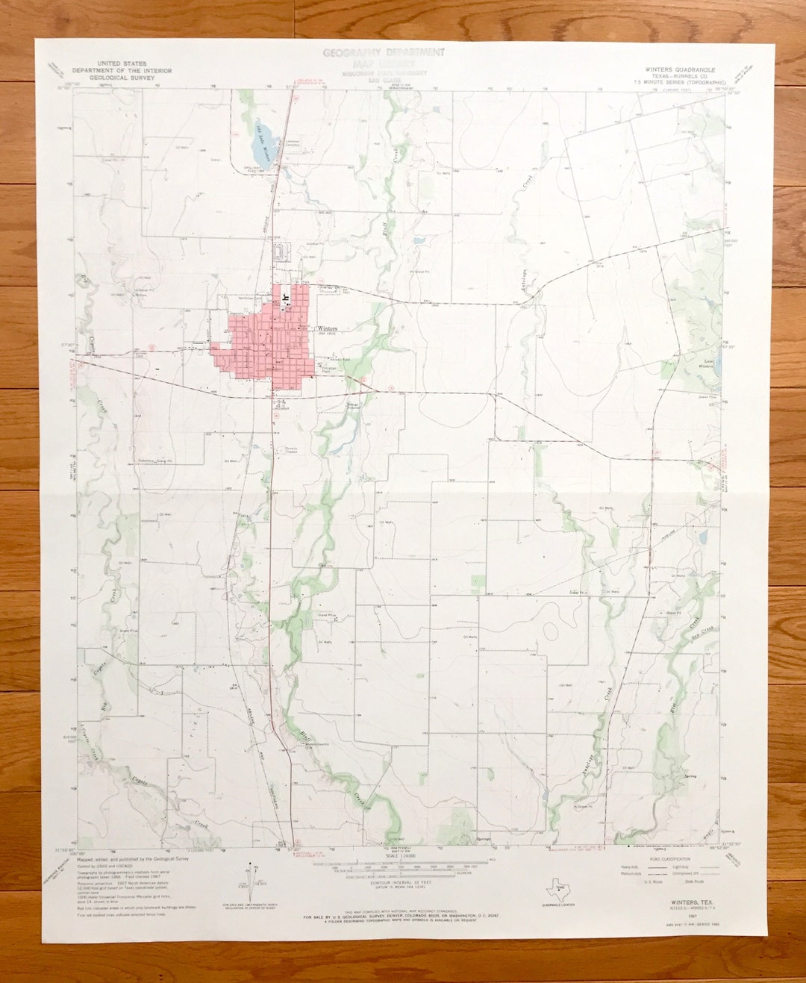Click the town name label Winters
[327, 328]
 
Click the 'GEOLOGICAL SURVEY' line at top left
[122, 78]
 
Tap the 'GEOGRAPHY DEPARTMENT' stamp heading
[384, 53]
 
